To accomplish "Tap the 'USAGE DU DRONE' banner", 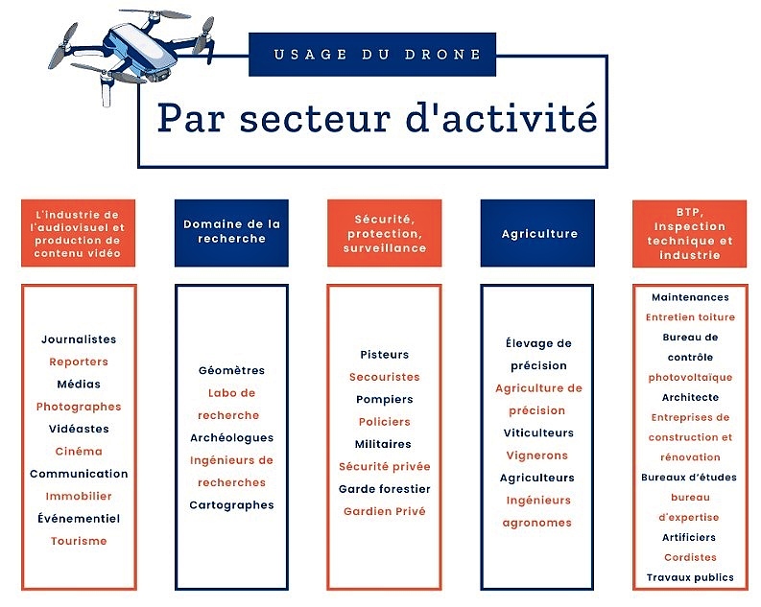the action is (x=372, y=55).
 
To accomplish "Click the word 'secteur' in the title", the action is (x=315, y=118).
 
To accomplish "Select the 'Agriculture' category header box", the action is (x=537, y=233).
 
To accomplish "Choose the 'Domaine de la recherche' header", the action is (x=231, y=233).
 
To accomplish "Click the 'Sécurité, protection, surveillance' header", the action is (x=385, y=233).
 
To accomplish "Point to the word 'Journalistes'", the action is (x=79, y=339).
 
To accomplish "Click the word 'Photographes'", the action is (x=79, y=407).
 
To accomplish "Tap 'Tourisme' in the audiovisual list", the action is (x=79, y=541).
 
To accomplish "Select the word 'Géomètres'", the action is (x=231, y=370).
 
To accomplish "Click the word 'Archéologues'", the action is (x=231, y=438).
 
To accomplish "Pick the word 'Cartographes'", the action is (x=231, y=505).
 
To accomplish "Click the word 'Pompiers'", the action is (x=385, y=400).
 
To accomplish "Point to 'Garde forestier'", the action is (x=385, y=489).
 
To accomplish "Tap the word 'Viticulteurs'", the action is (x=538, y=432).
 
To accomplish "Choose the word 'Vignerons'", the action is (x=536, y=455).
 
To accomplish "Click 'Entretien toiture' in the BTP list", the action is (x=690, y=317).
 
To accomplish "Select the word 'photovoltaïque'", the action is (x=690, y=378).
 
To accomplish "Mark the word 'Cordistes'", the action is (x=690, y=557).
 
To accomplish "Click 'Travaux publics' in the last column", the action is (x=690, y=577).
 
